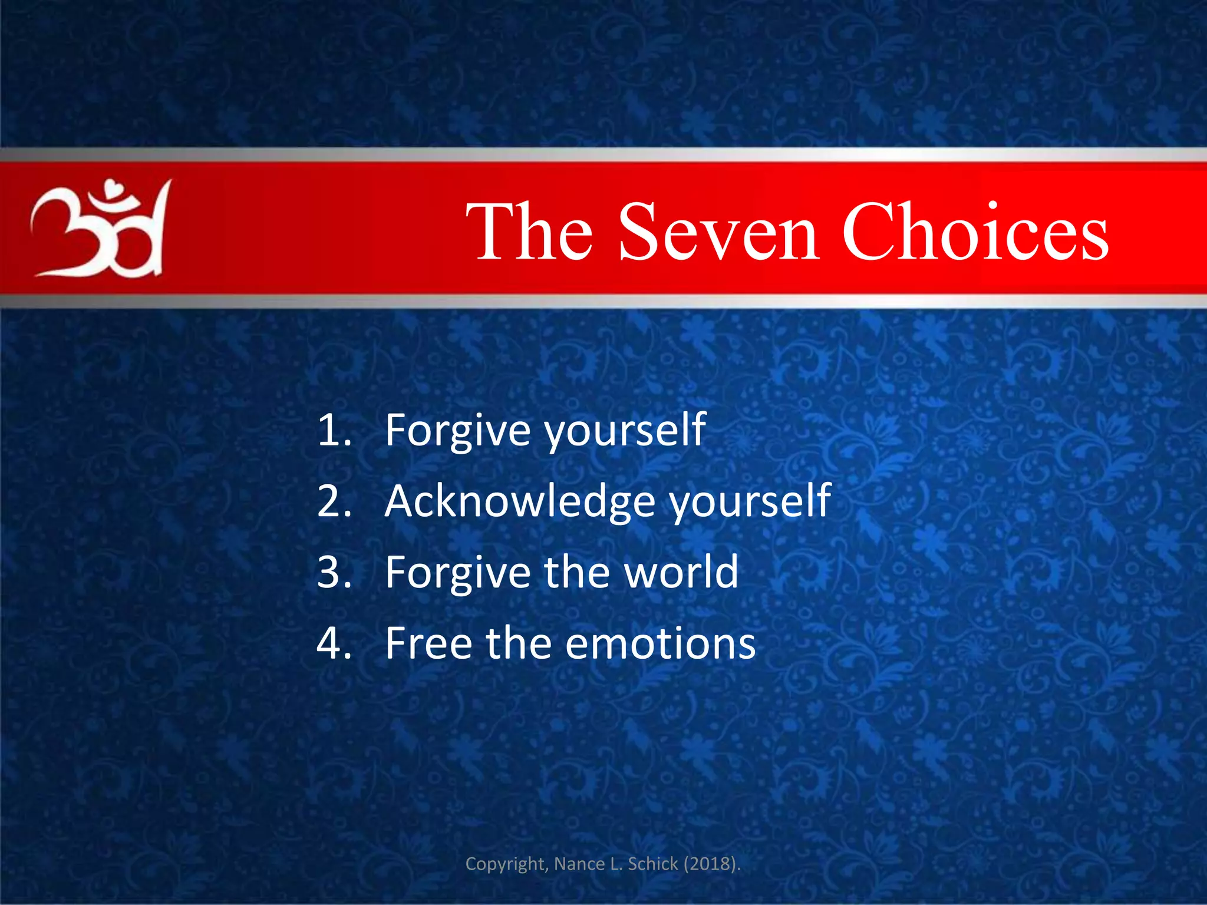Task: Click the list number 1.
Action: pos(334,430)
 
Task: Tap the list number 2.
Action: pos(334,501)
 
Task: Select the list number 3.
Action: pos(334,572)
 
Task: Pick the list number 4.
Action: pos(334,643)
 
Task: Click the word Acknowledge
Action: pos(520,501)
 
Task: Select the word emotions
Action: pos(660,643)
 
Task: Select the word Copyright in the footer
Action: pos(507,864)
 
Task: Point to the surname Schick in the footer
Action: pos(652,864)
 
